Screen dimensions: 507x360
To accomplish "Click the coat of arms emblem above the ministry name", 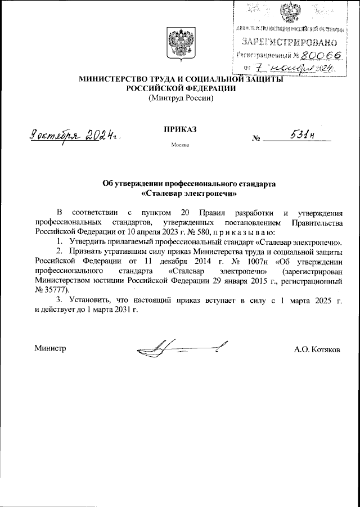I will click(180, 44).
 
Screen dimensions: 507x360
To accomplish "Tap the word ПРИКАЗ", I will click(180, 129).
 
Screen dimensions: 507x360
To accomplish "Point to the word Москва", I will click(180, 146).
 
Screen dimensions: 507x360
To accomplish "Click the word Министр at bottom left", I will click(51, 349).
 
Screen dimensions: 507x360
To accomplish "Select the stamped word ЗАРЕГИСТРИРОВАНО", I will click(289, 42).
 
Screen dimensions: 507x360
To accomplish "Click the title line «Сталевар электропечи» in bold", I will click(180, 194).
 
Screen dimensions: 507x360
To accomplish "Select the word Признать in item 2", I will click(84, 251).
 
